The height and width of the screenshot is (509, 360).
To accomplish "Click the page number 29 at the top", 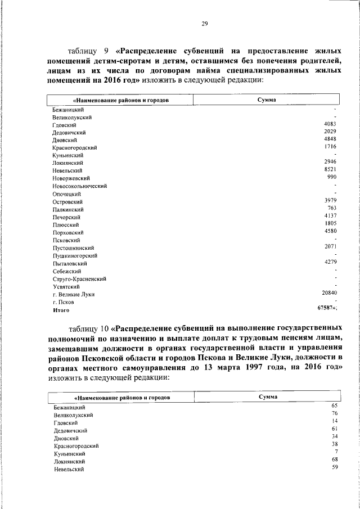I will (x=205, y=24).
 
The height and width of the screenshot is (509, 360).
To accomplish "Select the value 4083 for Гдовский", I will (x=330, y=123).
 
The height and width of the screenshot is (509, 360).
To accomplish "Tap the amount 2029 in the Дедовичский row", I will (x=330, y=131).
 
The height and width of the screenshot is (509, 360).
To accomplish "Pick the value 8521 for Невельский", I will (x=330, y=169).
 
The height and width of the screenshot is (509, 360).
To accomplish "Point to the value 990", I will (x=332, y=177).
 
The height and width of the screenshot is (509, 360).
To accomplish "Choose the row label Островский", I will (x=68, y=201).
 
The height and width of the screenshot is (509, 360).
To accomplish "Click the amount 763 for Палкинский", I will (x=332, y=208).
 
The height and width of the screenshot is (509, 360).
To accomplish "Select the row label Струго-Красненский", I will (x=79, y=278).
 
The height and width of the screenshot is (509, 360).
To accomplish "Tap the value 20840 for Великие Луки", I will (x=329, y=292).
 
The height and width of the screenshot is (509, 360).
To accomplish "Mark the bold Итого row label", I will (x=61, y=309).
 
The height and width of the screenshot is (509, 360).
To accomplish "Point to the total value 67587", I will (x=327, y=308).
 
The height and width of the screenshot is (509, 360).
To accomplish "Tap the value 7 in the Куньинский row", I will (x=335, y=452).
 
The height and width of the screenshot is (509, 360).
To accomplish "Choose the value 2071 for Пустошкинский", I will (x=330, y=246).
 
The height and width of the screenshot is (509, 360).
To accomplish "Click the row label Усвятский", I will (x=66, y=286).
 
